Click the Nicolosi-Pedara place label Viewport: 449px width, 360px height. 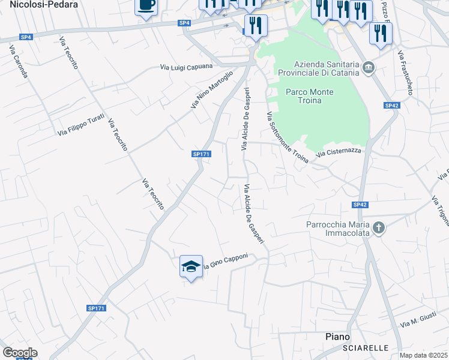coord(35,4)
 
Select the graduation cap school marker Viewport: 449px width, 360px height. coord(191,266)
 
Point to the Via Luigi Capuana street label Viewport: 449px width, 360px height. coord(186,67)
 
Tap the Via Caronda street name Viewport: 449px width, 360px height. coord(19,62)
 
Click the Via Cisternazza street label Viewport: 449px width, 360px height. coord(339,152)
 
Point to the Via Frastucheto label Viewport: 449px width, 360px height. coord(406,73)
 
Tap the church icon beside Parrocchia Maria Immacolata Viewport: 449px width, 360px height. coord(378,228)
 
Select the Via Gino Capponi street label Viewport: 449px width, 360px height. coord(225,262)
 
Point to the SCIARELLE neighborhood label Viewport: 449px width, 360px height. coord(365,348)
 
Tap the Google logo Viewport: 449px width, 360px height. coord(19,353)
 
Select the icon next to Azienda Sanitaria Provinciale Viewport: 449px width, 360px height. coord(368,67)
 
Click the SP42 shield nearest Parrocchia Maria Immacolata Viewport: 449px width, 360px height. coord(360,205)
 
